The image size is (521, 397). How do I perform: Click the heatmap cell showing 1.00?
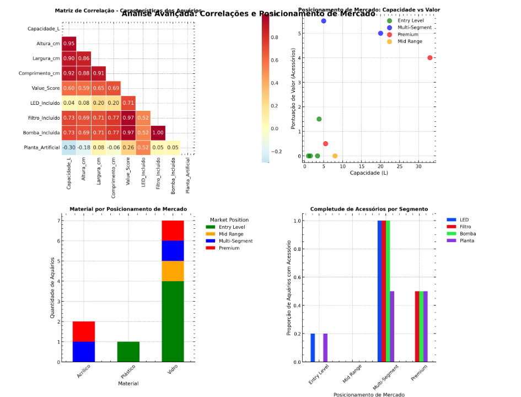click(x=158, y=132)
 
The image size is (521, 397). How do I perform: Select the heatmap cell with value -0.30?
click(x=69, y=147)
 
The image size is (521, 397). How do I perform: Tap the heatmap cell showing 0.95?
click(x=69, y=43)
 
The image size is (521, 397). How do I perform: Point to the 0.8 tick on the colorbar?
click(x=273, y=37)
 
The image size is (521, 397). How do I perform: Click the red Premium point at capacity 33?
click(x=429, y=58)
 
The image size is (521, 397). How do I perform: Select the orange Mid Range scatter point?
click(x=335, y=156)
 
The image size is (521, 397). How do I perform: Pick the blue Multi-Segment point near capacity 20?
click(x=380, y=33)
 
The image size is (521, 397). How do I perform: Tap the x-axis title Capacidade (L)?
click(x=369, y=173)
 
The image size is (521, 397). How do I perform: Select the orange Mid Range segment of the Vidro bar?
click(x=173, y=271)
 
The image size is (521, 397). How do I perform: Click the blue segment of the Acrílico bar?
click(x=84, y=352)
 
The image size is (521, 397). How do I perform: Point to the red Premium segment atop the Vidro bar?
click(x=173, y=230)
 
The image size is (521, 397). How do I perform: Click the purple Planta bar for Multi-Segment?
click(x=392, y=326)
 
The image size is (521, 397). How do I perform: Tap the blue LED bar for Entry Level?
click(x=313, y=348)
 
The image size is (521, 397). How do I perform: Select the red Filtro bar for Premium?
click(x=417, y=326)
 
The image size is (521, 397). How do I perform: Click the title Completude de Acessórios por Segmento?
click(x=369, y=210)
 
